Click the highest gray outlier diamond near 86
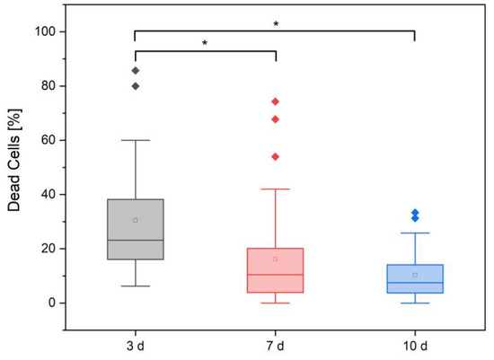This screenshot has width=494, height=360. (136, 71)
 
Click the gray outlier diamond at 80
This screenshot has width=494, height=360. (136, 86)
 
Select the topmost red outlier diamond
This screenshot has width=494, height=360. (276, 101)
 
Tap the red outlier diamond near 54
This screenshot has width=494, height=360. (276, 157)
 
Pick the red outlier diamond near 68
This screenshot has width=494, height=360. (276, 119)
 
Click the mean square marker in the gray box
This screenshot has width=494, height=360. (136, 221)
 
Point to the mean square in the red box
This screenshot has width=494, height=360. (276, 259)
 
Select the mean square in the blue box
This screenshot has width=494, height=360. (415, 275)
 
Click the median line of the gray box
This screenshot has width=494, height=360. (136, 241)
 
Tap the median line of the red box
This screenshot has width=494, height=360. (276, 275)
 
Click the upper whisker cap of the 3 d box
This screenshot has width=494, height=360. (136, 140)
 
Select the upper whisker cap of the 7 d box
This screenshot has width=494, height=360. (276, 189)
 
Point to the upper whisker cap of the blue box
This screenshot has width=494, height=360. (415, 233)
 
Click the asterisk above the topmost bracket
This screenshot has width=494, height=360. (276, 23)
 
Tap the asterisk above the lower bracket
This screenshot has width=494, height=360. (205, 43)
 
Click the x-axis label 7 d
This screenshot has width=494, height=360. (276, 347)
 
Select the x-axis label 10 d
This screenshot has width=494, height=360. (415, 347)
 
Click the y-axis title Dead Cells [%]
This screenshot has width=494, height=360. (14, 160)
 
